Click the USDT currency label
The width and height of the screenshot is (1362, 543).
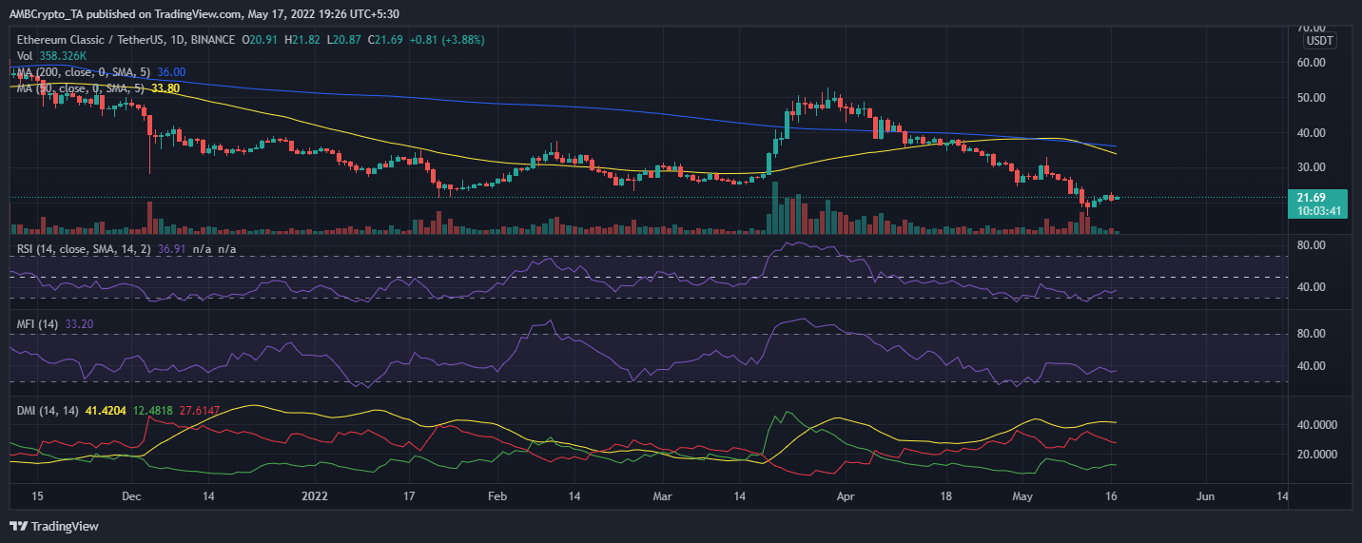1319,41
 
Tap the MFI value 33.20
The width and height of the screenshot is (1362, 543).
79,324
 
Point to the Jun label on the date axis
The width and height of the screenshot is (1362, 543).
1205,495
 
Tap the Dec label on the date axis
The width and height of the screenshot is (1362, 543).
131,495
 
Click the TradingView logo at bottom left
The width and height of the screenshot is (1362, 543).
54,526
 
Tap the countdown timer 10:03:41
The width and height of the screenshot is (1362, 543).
1318,211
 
